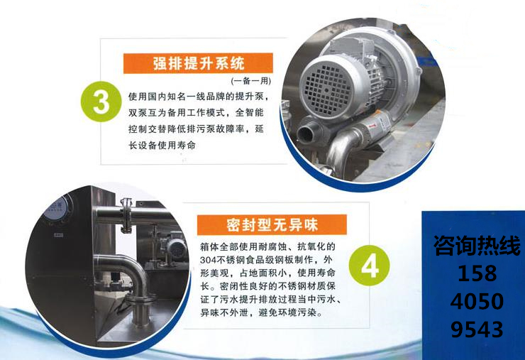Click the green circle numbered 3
point(101,102)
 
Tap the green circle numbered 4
point(370,266)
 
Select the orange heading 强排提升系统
point(198,63)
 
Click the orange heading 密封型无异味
point(272,224)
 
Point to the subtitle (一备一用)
point(251,81)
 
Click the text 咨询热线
point(477,246)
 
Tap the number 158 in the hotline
point(477,274)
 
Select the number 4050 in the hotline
point(477,301)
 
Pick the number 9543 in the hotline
point(477,329)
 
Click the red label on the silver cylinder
point(372,126)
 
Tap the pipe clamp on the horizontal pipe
point(126,214)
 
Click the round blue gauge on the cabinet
point(60,209)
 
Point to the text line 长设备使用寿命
point(162,146)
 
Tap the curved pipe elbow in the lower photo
point(126,268)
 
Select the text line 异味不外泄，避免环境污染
point(262,313)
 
